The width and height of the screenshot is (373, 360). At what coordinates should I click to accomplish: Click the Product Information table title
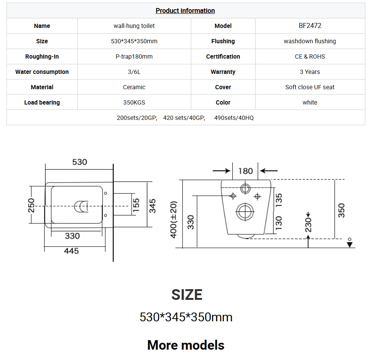[185, 11]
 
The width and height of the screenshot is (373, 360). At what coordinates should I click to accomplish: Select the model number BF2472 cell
[310, 26]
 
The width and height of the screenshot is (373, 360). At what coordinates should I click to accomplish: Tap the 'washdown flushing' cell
[310, 41]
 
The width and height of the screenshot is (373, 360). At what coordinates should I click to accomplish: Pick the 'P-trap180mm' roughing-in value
[134, 57]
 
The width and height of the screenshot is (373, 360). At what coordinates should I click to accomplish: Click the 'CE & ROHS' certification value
[310, 57]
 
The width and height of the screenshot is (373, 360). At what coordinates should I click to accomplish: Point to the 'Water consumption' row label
[42, 72]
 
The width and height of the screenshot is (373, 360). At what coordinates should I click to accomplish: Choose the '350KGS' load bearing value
[134, 103]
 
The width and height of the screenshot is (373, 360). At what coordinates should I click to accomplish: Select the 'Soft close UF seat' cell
[310, 87]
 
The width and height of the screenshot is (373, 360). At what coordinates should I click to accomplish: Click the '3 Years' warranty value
[310, 72]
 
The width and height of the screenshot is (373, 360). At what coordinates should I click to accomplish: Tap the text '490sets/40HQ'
[234, 118]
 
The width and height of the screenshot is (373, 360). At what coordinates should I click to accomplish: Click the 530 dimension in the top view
[80, 162]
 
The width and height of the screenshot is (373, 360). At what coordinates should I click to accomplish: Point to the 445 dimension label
[72, 251]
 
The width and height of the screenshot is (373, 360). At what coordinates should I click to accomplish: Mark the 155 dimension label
[136, 205]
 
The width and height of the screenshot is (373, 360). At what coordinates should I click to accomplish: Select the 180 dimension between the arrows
[246, 171]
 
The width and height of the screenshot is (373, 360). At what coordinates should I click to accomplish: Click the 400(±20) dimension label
[174, 219]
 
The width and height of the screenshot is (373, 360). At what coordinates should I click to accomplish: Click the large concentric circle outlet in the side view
[245, 212]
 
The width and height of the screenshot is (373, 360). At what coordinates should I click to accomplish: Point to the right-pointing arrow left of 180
[222, 171]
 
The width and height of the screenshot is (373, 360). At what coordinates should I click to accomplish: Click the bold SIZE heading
[187, 295]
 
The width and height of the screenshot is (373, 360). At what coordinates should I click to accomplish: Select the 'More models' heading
[186, 345]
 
